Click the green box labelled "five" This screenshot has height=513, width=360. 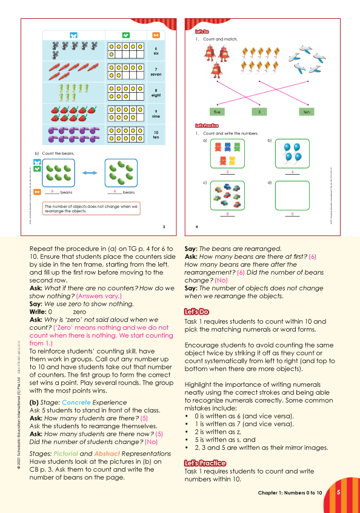[217, 112]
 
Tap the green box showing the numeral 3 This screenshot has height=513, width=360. [259, 112]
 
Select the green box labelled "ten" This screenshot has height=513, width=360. [306, 112]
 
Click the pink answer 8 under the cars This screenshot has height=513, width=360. [227, 214]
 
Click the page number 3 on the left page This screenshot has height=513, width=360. [164, 227]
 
